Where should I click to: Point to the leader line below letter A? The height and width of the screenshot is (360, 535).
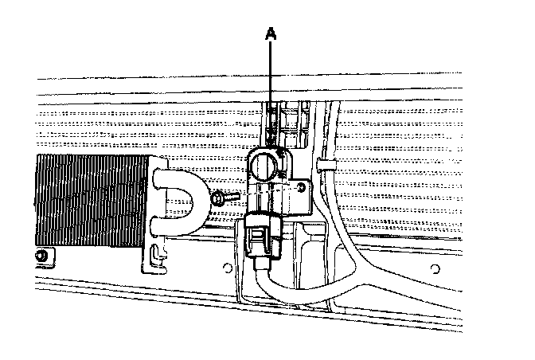point(271,88)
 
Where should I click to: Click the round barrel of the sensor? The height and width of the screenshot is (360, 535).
point(266,166)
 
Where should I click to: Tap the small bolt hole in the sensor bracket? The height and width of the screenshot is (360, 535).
point(300,187)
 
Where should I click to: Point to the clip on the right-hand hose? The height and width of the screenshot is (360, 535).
point(323,165)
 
